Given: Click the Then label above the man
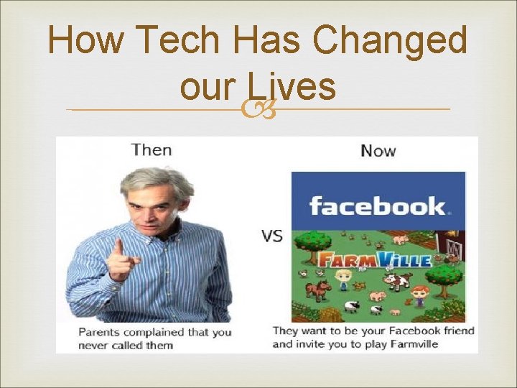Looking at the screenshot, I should click(x=152, y=150).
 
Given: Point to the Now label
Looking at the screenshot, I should click(x=378, y=150).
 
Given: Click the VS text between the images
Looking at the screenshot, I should click(x=271, y=235).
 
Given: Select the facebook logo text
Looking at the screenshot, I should click(x=378, y=206).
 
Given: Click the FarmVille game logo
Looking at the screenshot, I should click(x=373, y=258).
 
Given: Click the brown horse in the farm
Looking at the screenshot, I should click(x=317, y=291).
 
